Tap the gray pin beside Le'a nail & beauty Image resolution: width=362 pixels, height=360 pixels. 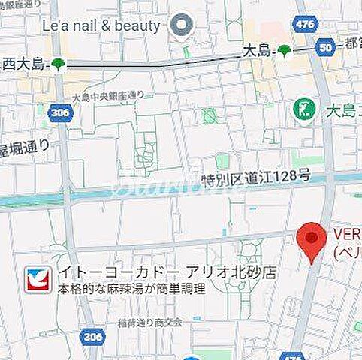coord(181,26)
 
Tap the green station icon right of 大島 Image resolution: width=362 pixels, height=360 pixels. coord(285,51)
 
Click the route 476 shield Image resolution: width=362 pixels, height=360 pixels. coord(305,25)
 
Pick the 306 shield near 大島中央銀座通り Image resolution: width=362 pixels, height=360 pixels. coord(59,113)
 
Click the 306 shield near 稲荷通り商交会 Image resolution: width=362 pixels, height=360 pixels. coord(92,337)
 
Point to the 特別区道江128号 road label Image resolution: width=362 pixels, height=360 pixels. coord(255,176)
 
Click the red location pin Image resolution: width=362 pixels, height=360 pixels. coord(312,241)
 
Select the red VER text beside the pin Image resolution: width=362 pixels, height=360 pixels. coord(346,234)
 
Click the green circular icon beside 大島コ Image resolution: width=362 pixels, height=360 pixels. coord(305,110)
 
